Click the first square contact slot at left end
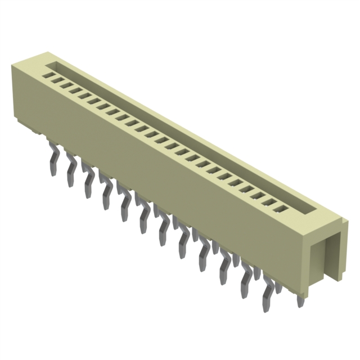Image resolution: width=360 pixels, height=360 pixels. click(48, 74)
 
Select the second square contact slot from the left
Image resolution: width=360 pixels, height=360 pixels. click(57, 79)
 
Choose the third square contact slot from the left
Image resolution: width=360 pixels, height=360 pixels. click(66, 84)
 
